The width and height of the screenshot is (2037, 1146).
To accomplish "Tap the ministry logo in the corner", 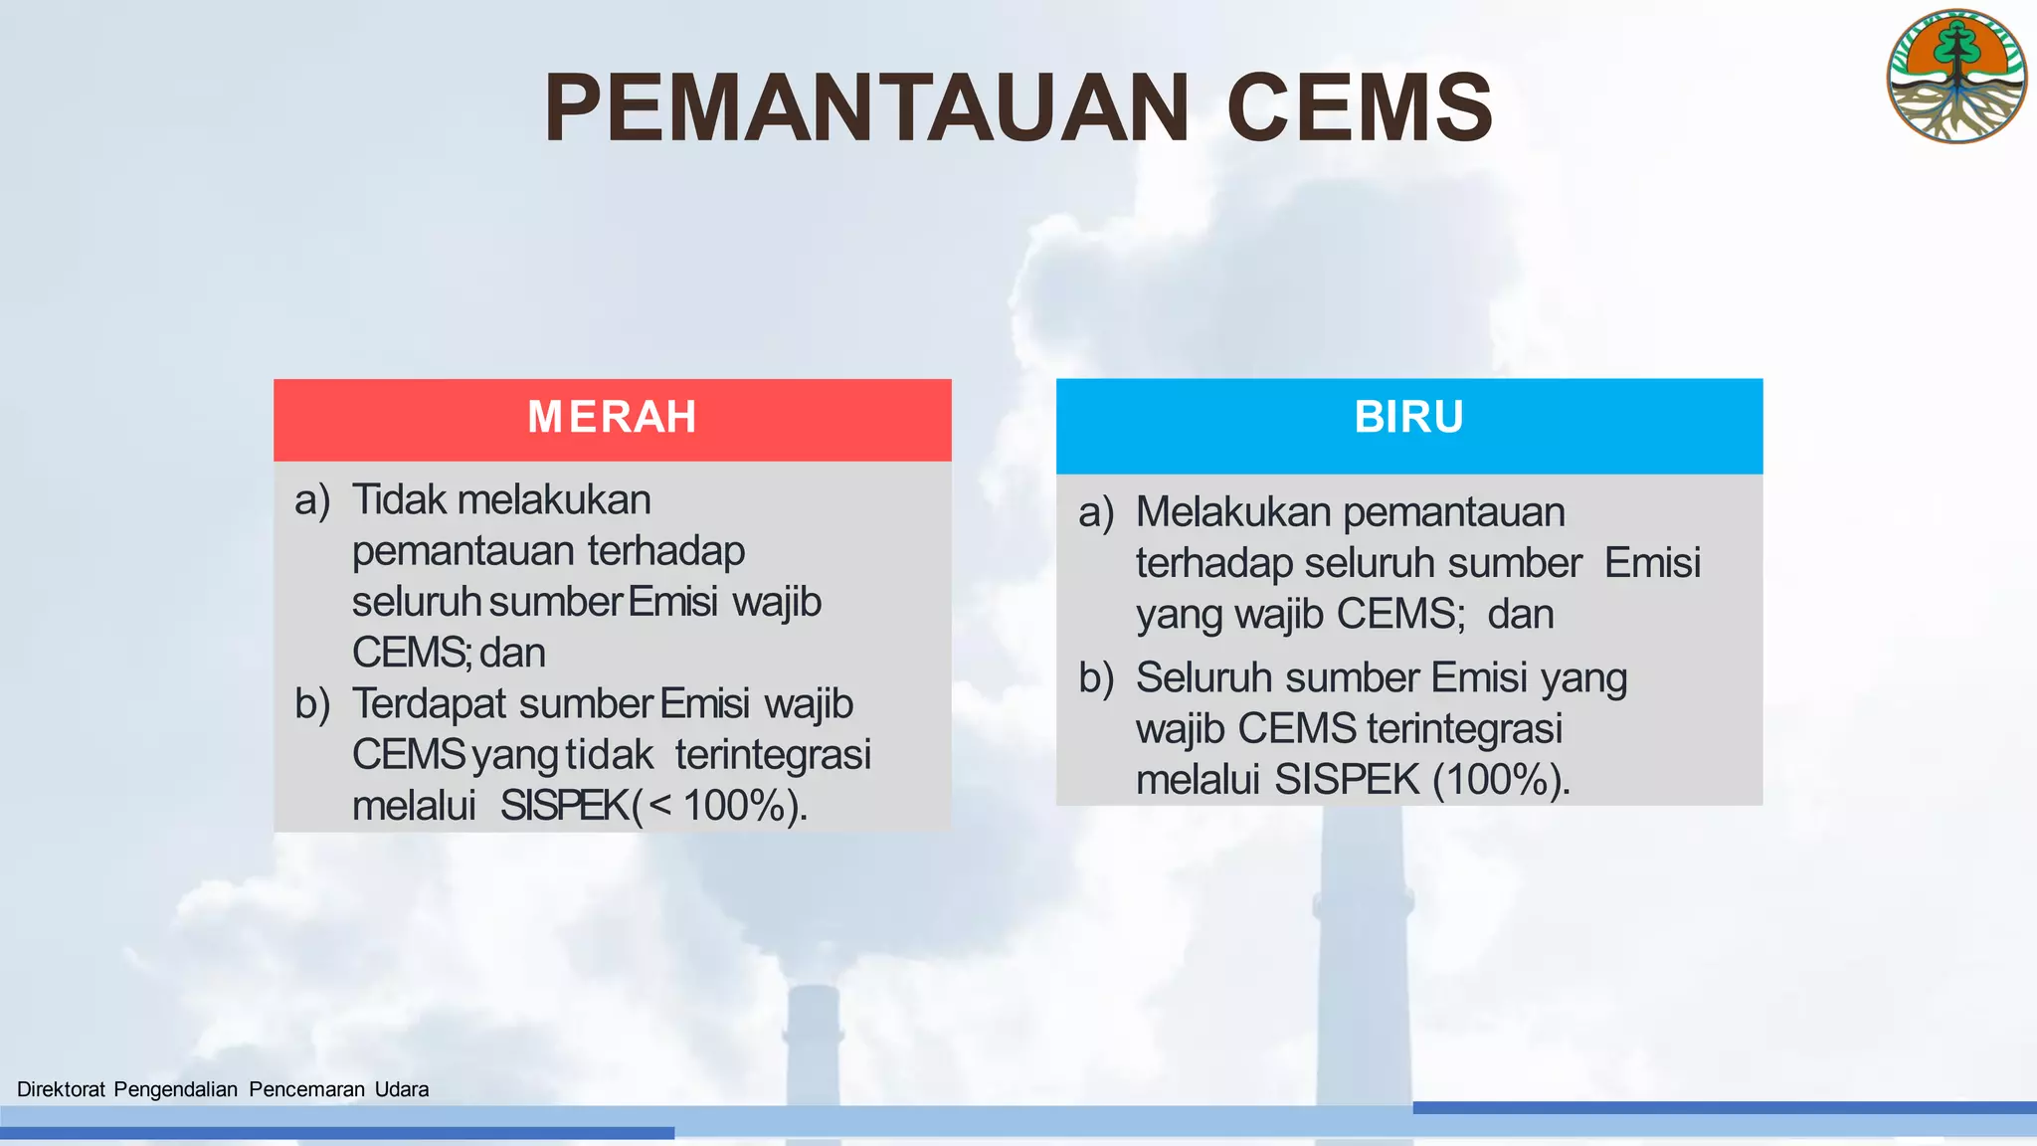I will click(x=1955, y=77).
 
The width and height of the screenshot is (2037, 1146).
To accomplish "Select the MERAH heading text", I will click(x=612, y=417).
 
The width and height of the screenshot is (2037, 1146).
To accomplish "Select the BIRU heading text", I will click(x=1408, y=417).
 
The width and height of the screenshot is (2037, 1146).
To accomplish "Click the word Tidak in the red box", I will click(x=400, y=499).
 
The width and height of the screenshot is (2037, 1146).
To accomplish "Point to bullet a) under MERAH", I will click(x=312, y=499).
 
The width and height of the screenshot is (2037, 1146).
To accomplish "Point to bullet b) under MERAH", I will click(x=312, y=703).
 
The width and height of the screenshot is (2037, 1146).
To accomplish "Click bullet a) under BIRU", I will click(x=1096, y=512).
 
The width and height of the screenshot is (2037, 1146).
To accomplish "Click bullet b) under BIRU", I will click(x=1096, y=677).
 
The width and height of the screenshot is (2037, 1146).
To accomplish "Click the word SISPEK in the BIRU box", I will click(x=1347, y=780).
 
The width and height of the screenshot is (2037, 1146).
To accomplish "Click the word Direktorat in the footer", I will click(x=61, y=1089).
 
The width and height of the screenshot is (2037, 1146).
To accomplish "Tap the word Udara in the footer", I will click(x=402, y=1089).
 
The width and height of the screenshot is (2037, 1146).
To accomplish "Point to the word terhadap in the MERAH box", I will click(x=666, y=551).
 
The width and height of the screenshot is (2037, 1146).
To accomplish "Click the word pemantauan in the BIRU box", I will click(x=1454, y=512).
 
